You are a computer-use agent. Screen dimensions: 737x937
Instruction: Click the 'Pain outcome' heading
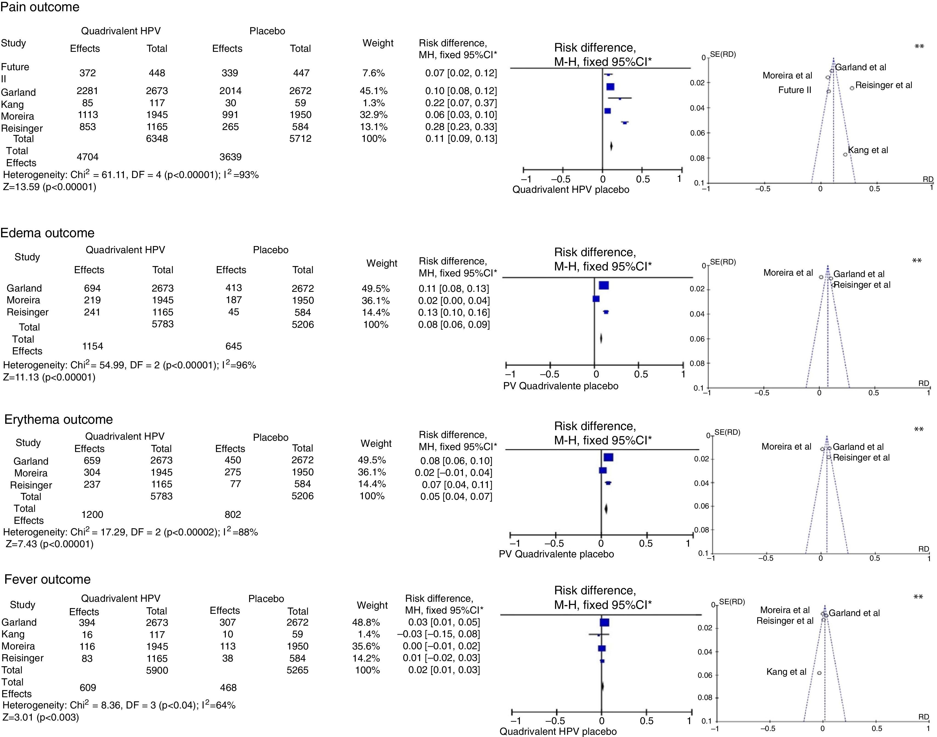(x=40, y=7)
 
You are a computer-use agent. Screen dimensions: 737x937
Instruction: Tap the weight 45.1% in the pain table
(x=374, y=91)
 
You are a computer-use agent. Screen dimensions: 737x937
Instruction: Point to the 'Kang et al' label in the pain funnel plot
(x=868, y=150)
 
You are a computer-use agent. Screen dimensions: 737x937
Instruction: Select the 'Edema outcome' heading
(x=47, y=233)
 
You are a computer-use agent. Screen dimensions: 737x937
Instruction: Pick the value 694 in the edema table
(x=92, y=288)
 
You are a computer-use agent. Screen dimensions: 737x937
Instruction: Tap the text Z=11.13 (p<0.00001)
(x=49, y=377)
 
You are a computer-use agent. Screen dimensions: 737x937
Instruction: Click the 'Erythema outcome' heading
(x=59, y=419)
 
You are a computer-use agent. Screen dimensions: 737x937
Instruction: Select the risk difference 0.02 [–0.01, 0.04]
(x=453, y=473)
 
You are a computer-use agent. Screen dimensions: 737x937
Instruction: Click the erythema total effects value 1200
(x=92, y=514)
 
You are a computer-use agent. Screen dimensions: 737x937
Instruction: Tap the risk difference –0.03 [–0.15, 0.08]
(x=438, y=634)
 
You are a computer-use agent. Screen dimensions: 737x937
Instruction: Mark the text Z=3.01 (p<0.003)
(x=41, y=717)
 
